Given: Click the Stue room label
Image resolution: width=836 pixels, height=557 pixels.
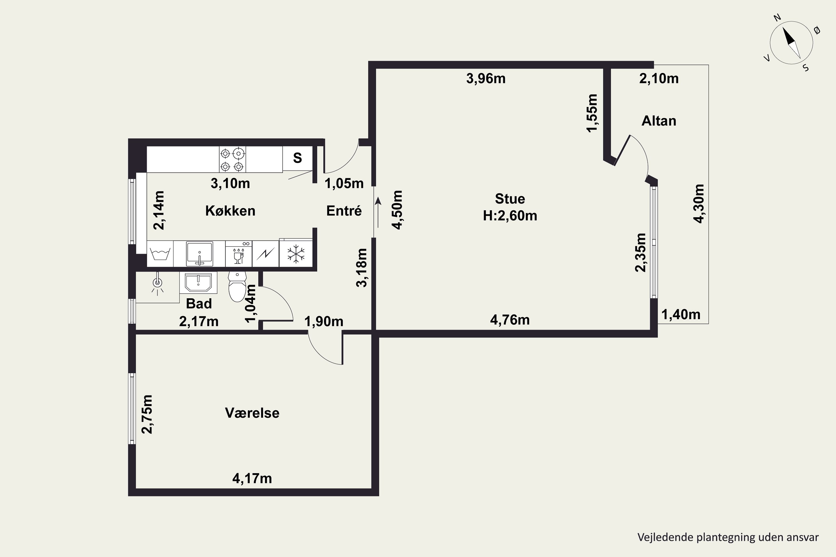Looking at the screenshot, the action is pos(510,199).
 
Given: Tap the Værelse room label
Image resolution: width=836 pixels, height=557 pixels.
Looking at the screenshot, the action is pos(252,413).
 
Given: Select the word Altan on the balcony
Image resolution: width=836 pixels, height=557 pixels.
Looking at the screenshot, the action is pos(659,121).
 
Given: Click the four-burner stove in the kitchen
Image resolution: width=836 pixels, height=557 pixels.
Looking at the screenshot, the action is pos(232,160).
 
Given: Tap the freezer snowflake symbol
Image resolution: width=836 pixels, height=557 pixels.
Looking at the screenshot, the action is pos(296,254).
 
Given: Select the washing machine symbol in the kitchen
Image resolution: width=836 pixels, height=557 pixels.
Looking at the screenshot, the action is pos(160,254).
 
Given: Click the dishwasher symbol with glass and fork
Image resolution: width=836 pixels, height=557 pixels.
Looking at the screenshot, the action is pos(239,254).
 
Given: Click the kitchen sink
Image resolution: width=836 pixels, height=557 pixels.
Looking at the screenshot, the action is pos(200,254).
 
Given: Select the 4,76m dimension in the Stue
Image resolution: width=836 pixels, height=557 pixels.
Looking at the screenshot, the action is pos(510,320).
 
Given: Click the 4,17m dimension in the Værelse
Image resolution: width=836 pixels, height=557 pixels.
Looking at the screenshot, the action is pos(252,478).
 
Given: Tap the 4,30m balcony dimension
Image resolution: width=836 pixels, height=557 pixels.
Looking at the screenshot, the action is pos(699,204).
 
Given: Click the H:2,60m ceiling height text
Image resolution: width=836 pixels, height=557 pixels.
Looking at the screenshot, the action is pos(510,216).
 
